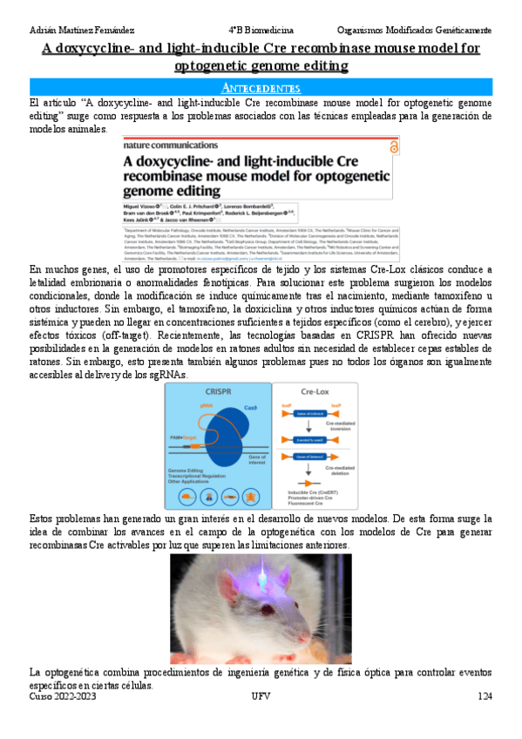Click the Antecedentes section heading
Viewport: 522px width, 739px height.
pyautogui.click(x=261, y=88)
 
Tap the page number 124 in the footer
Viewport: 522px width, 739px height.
pyautogui.click(x=485, y=696)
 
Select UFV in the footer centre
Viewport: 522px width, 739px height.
pyautogui.click(x=261, y=696)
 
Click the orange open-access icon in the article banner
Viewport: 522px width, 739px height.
pyautogui.click(x=393, y=149)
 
